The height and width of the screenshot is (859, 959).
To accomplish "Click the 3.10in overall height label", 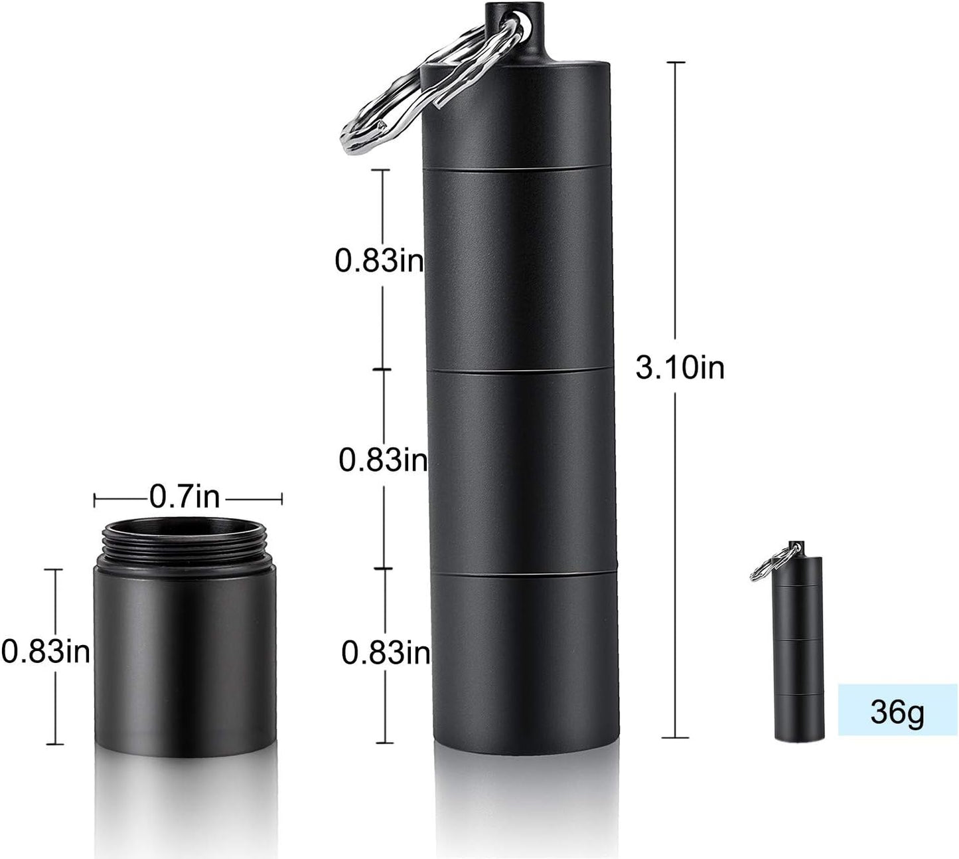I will point(680,367).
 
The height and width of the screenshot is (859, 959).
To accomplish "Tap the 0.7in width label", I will point(184,496).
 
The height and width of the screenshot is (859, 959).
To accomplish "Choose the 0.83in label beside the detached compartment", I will point(45,651).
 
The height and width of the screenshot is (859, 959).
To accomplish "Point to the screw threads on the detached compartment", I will point(185,543).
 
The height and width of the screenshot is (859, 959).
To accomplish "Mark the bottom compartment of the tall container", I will point(525,658).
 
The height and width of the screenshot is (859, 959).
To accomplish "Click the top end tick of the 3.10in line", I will point(676,62).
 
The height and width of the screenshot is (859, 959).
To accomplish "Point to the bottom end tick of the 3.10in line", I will point(676,737).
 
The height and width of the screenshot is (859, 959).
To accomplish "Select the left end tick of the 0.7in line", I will point(95,498).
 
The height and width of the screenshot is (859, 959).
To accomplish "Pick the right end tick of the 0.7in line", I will point(282,498).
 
